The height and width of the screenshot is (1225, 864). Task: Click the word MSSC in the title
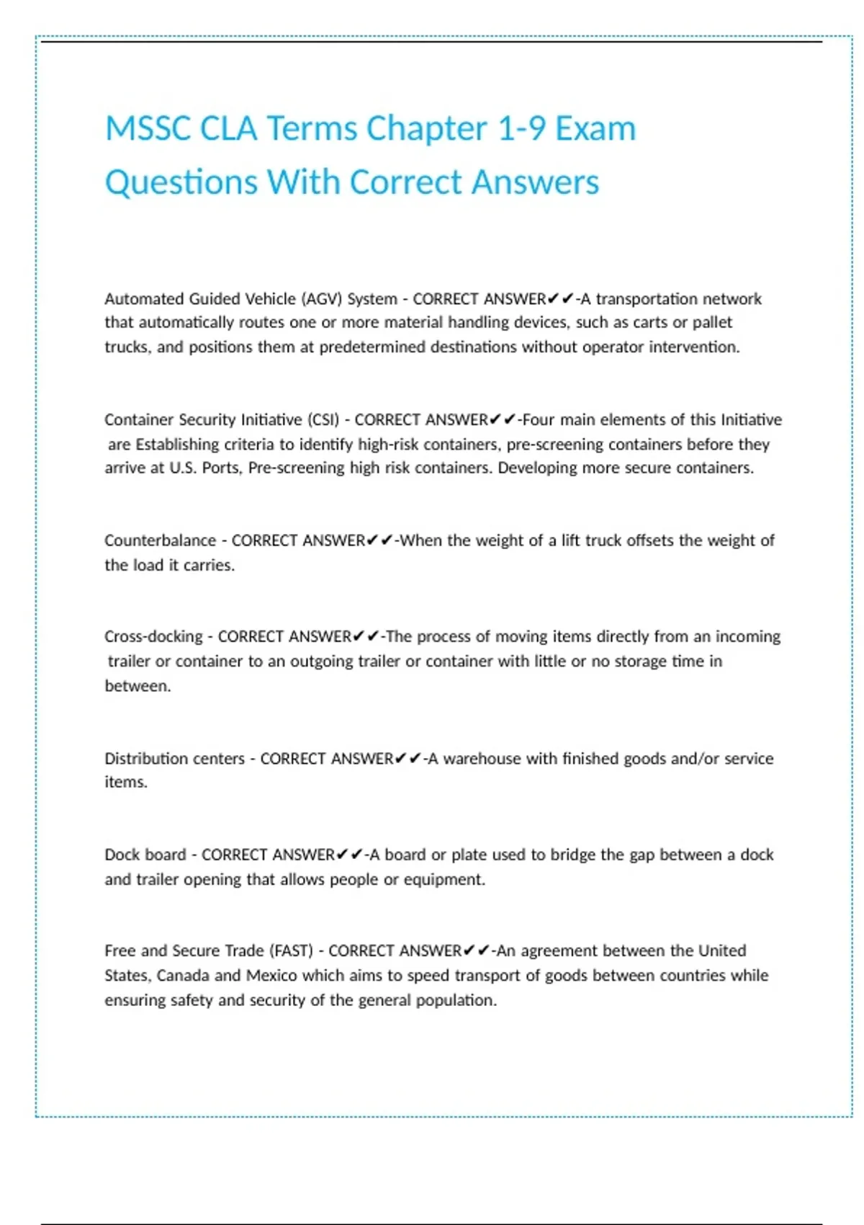point(148,130)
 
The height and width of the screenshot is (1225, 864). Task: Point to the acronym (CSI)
point(323,420)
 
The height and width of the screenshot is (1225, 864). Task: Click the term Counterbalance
point(160,541)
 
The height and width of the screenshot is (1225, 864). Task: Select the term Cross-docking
point(153,637)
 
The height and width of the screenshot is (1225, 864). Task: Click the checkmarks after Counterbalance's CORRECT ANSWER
point(379,540)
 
